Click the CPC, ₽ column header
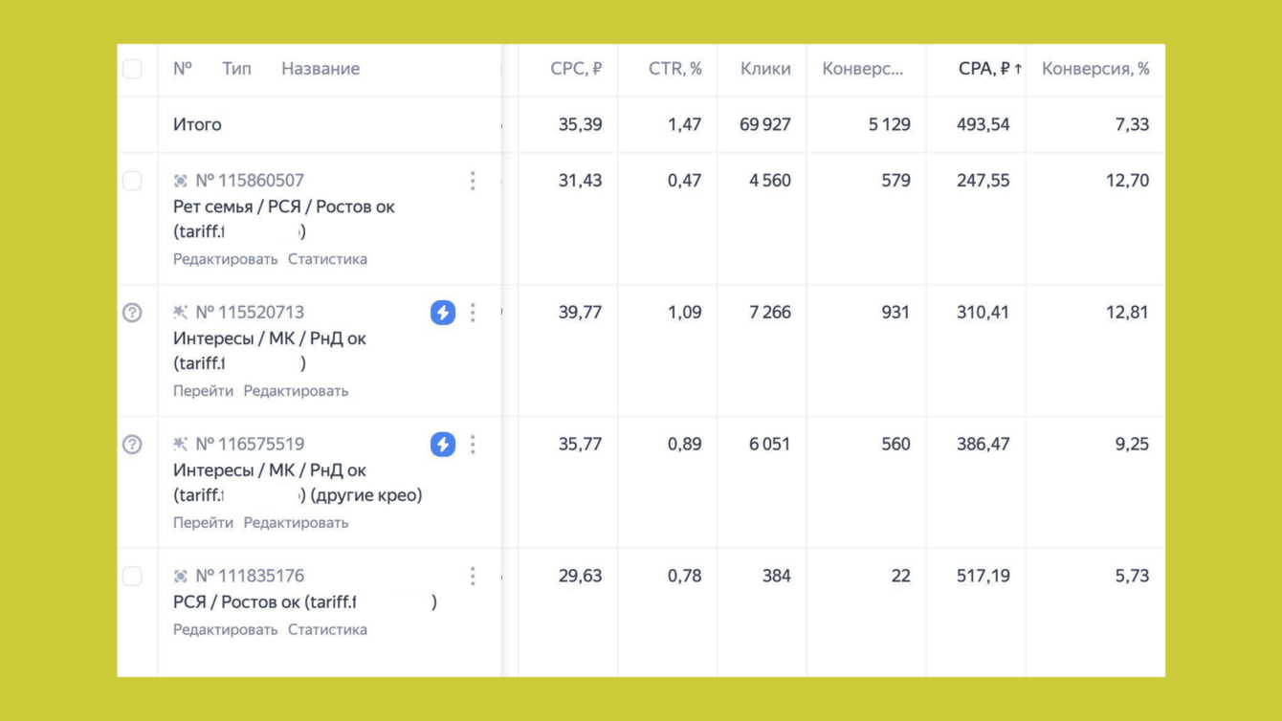pyautogui.click(x=576, y=69)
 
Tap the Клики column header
pyautogui.click(x=765, y=69)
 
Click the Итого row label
pyautogui.click(x=197, y=124)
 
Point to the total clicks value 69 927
pyautogui.click(x=765, y=124)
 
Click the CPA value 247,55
pyautogui.click(x=983, y=181)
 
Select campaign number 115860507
pyautogui.click(x=250, y=181)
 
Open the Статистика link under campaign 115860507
pyautogui.click(x=327, y=259)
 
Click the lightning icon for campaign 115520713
pyautogui.click(x=443, y=313)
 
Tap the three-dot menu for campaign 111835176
pyautogui.click(x=473, y=576)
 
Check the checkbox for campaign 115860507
pyautogui.click(x=132, y=181)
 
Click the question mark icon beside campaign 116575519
pyautogui.click(x=132, y=445)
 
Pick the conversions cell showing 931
pyautogui.click(x=895, y=313)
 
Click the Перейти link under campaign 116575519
pyautogui.click(x=203, y=523)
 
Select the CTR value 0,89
pyautogui.click(x=684, y=445)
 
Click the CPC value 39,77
pyautogui.click(x=580, y=313)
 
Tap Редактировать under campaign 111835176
pyautogui.click(x=226, y=630)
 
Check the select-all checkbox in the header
pyautogui.click(x=132, y=69)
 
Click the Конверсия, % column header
pyautogui.click(x=1095, y=69)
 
